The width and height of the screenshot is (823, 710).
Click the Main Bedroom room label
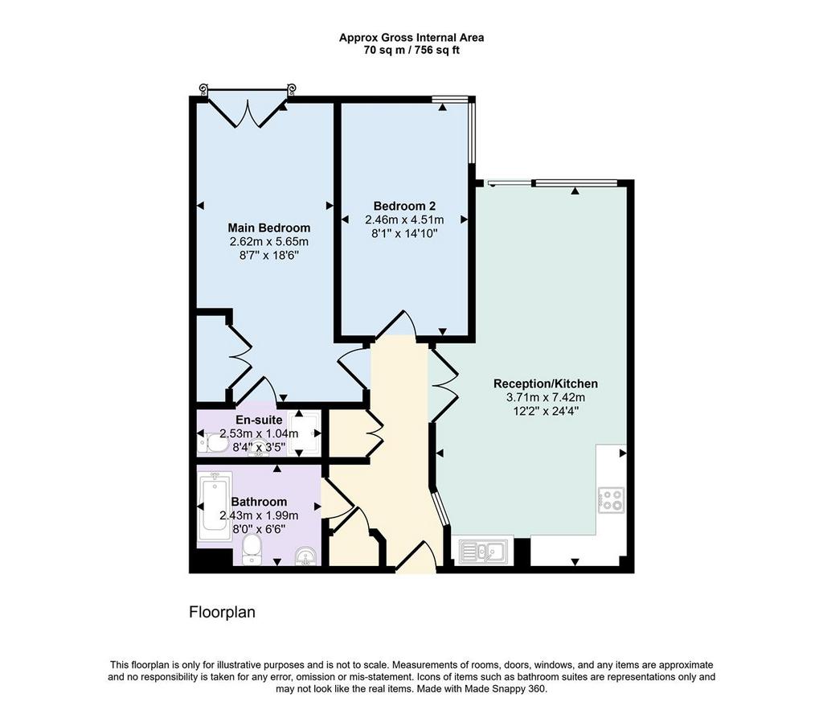[268, 228]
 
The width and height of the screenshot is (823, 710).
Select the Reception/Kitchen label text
[546, 384]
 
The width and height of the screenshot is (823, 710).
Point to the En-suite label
[259, 420]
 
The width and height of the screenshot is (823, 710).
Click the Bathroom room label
[259, 502]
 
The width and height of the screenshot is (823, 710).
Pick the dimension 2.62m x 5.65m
[268, 242]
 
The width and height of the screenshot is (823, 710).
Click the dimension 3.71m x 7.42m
[546, 397]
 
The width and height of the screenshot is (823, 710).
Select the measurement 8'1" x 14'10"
[404, 233]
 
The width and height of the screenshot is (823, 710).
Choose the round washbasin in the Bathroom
[306, 556]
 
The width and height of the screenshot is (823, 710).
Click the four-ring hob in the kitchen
[612, 500]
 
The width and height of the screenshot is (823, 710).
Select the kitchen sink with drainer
[482, 552]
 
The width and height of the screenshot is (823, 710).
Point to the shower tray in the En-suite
[305, 433]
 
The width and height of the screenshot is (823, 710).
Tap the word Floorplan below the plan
[222, 613]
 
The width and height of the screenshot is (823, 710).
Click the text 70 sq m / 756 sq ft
[411, 51]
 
